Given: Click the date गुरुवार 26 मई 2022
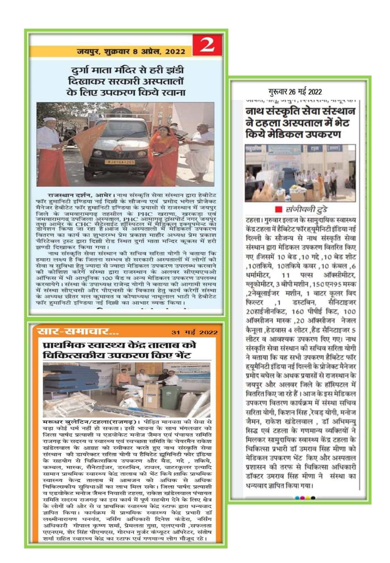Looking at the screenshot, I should pos(295,92).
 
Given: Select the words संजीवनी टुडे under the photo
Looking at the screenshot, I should pos(306,210).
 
